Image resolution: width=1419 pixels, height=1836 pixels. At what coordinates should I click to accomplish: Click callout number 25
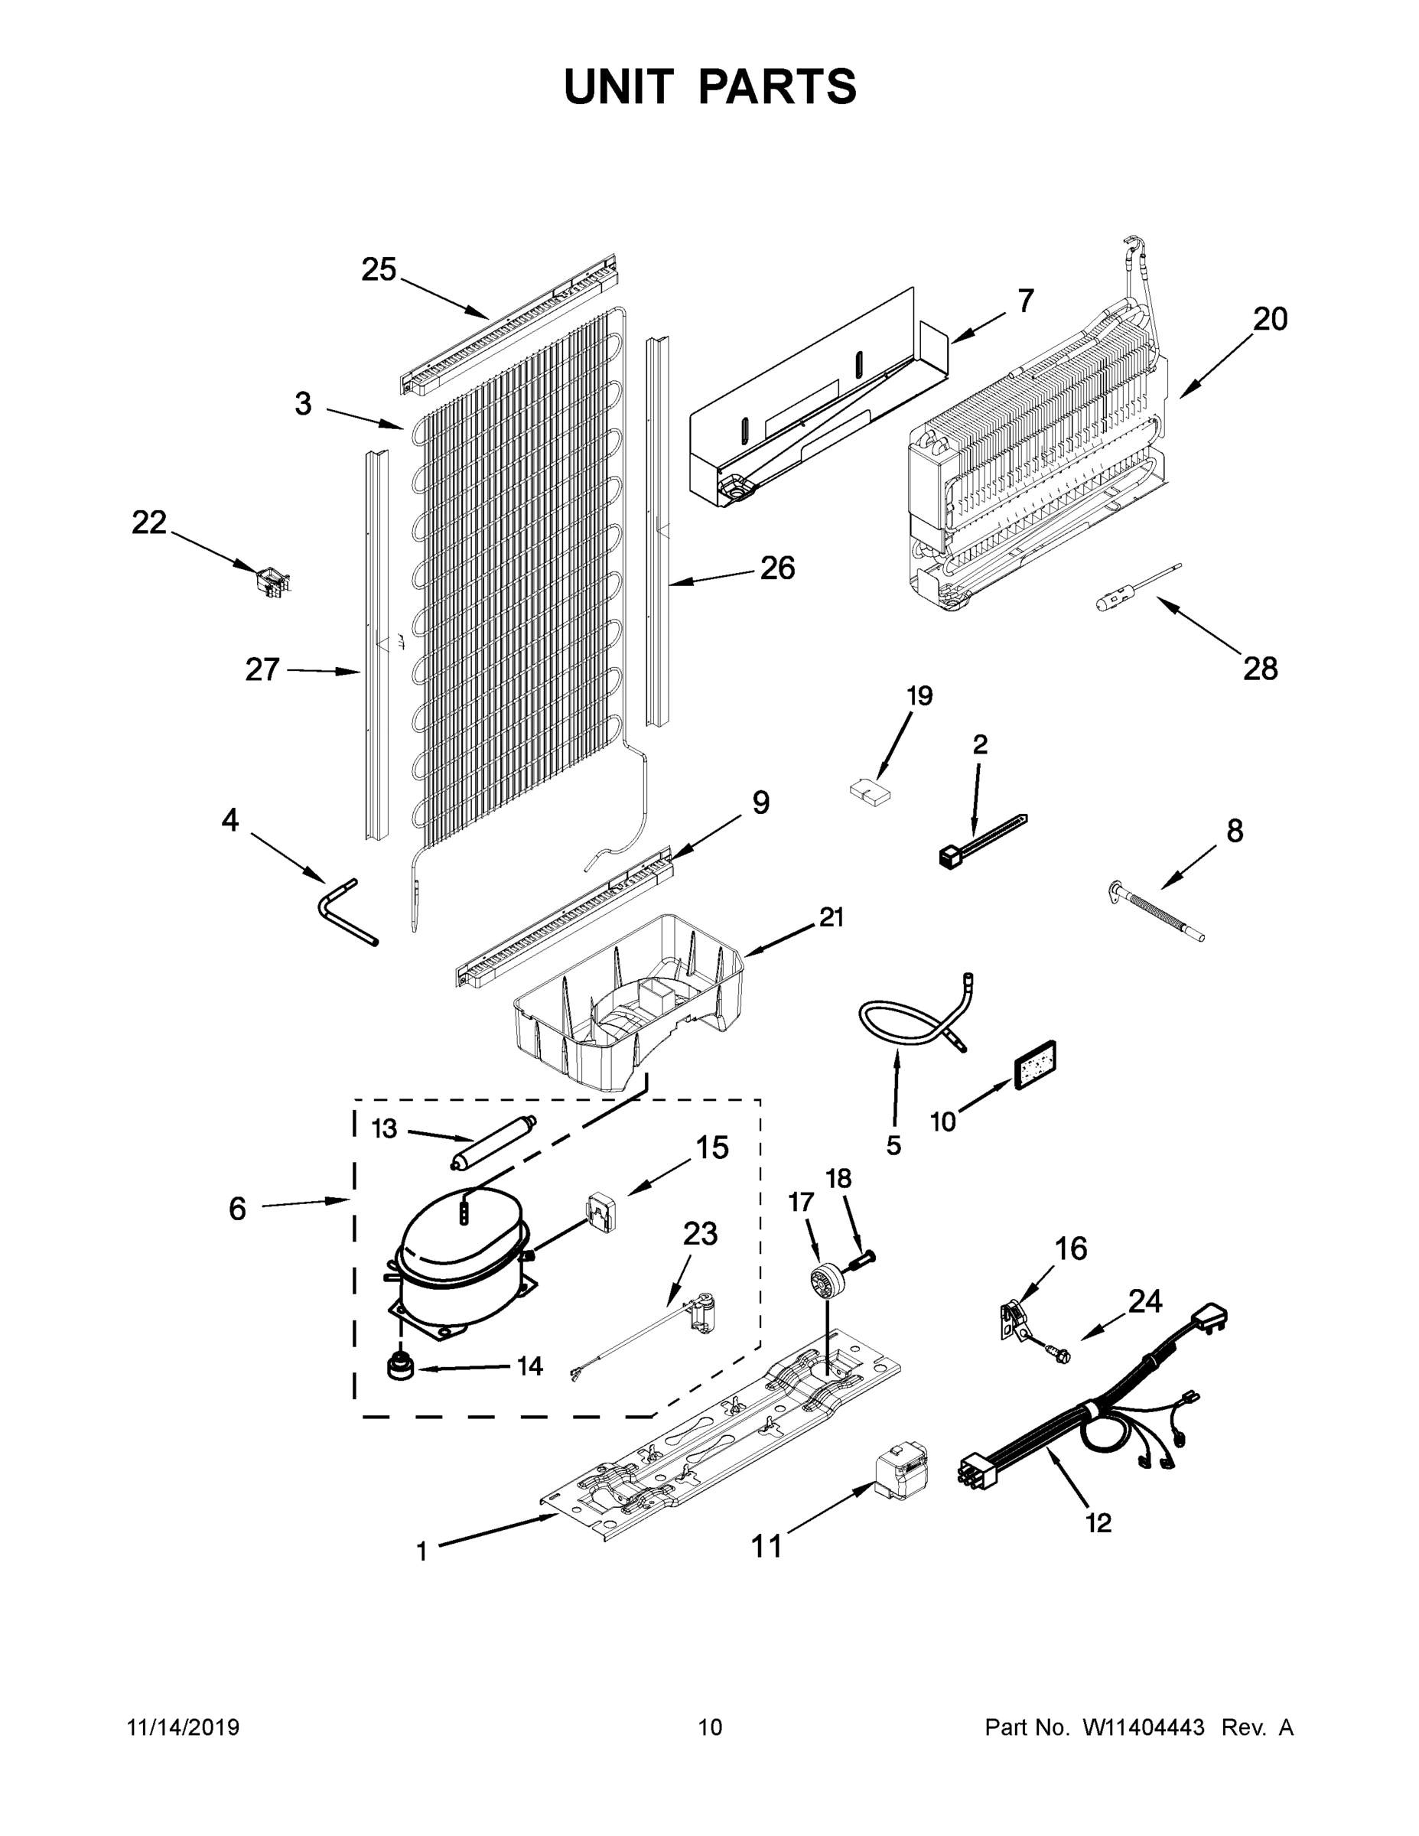[379, 270]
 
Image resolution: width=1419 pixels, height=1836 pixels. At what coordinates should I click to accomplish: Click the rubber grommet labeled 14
[402, 1368]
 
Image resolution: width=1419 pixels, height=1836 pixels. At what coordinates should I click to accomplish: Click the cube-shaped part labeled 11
[898, 1477]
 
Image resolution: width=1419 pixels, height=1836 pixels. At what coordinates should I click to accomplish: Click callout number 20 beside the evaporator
[1269, 321]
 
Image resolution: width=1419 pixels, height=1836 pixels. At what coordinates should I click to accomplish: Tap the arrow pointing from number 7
[978, 328]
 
